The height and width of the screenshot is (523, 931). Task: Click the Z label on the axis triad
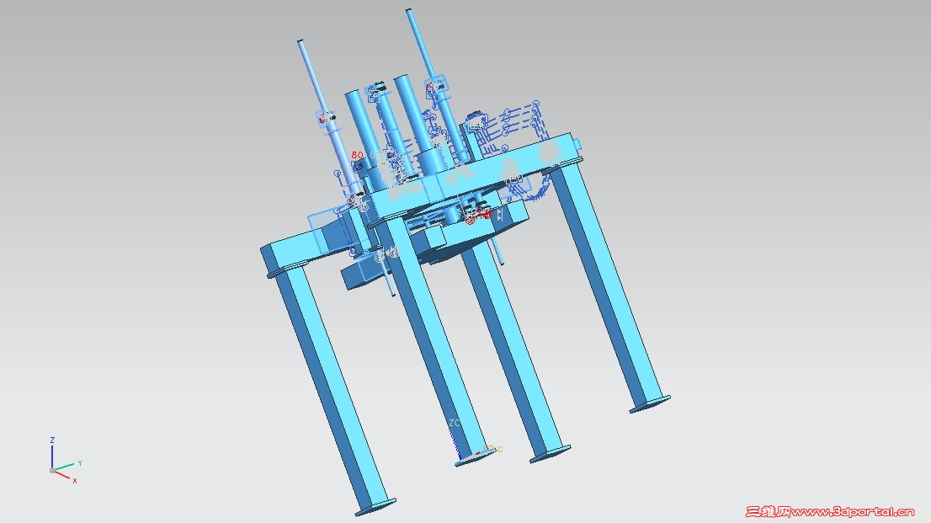[x=52, y=440]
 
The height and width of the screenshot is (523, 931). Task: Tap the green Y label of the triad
[x=79, y=463]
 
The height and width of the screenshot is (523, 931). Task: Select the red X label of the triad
[x=74, y=480]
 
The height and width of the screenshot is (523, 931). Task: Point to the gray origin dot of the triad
[x=52, y=470]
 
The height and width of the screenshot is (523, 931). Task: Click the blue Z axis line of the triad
[x=52, y=456]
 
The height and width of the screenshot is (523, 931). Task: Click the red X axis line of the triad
[x=62, y=474]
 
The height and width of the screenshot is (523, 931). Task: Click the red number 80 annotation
[x=357, y=155]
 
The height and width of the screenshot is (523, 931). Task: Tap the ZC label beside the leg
[x=455, y=423]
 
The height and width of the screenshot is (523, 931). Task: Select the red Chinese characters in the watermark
[x=769, y=510]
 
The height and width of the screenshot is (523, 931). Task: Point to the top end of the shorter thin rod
[x=300, y=40]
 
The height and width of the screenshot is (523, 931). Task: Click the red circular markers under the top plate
[x=478, y=216]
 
